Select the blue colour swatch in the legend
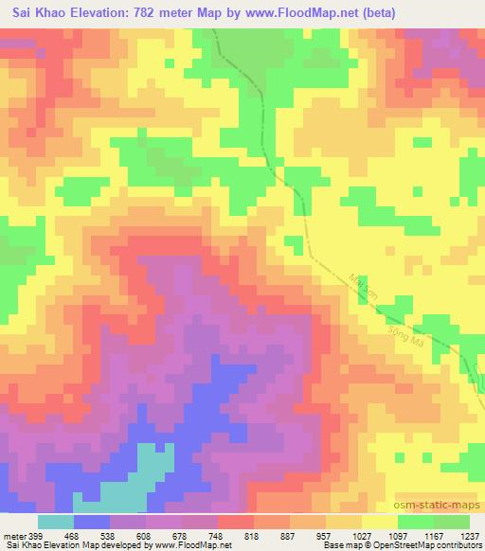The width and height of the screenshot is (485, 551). [92, 522]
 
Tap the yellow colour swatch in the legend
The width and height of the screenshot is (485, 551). [379, 522]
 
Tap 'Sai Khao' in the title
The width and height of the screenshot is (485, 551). [40, 13]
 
